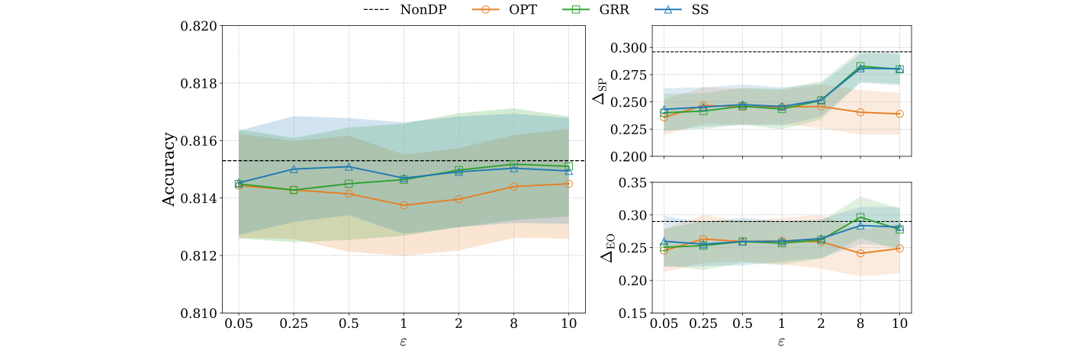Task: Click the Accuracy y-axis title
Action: click(x=169, y=169)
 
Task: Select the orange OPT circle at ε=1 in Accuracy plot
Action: click(x=404, y=205)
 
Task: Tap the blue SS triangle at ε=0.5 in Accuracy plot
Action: click(x=349, y=166)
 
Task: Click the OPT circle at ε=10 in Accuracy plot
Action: click(x=568, y=184)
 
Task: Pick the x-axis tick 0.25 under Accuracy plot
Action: click(x=294, y=324)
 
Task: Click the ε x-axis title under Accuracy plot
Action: click(x=404, y=341)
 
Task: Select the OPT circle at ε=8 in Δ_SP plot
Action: click(x=860, y=112)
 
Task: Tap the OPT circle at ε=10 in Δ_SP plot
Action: click(x=899, y=114)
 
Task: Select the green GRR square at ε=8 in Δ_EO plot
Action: click(x=860, y=217)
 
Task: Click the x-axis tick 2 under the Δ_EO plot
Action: click(x=821, y=324)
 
